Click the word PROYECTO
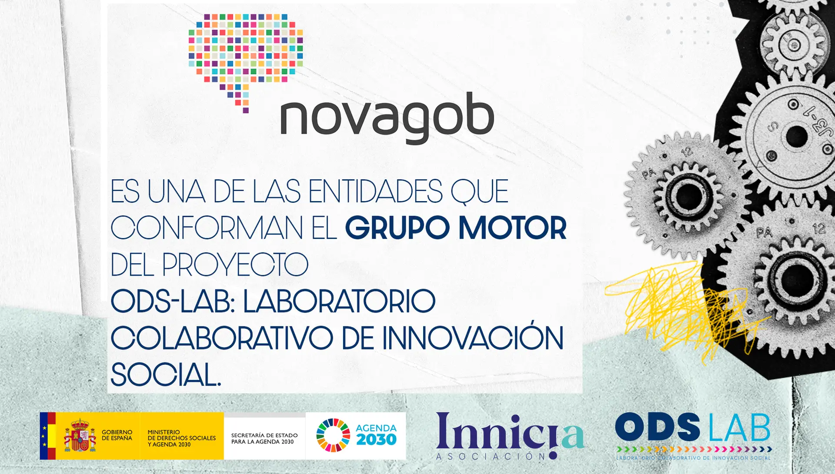[x=235, y=264]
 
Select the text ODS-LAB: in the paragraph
[x=173, y=301]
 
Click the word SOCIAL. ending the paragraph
[x=166, y=374]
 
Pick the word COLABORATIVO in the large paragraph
[x=222, y=338]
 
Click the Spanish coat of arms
[x=80, y=435]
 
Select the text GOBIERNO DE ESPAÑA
[x=117, y=435]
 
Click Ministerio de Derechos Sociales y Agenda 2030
[x=182, y=438]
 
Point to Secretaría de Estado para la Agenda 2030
[x=264, y=438]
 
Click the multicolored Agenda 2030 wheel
[x=333, y=435]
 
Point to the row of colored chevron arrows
[x=694, y=449]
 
